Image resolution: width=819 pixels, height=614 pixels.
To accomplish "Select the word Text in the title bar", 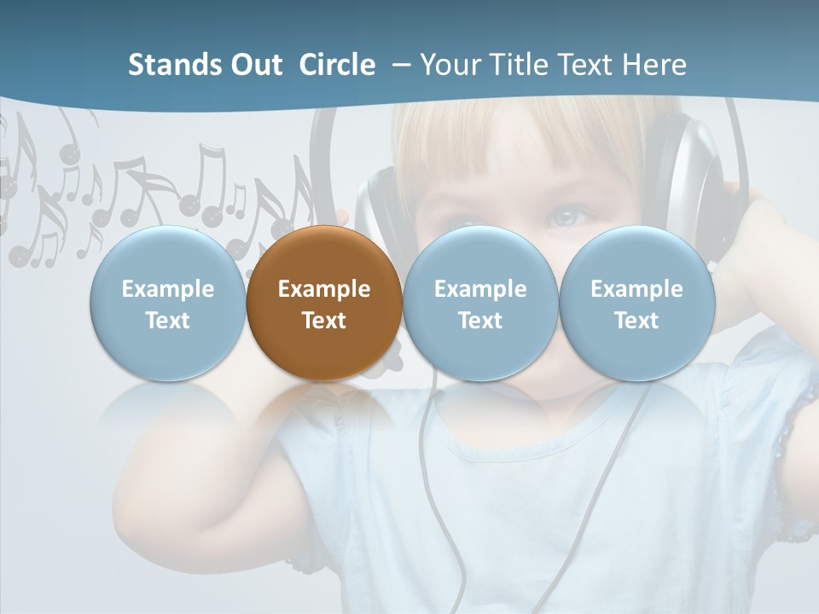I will point(581,65).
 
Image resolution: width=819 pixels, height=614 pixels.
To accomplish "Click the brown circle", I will point(324,303).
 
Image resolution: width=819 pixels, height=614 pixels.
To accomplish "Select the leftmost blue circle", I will point(167,303).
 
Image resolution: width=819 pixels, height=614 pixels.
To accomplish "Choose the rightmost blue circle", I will point(636,303).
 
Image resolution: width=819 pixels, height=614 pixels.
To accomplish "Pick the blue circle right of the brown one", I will point(480,303).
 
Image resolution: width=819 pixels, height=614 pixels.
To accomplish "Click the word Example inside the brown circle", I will point(324,289).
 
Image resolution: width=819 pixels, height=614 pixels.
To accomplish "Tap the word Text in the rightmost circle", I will point(636,321).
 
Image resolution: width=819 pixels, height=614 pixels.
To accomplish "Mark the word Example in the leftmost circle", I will point(167,289).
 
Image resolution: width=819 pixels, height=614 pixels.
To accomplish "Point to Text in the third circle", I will point(480,321).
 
